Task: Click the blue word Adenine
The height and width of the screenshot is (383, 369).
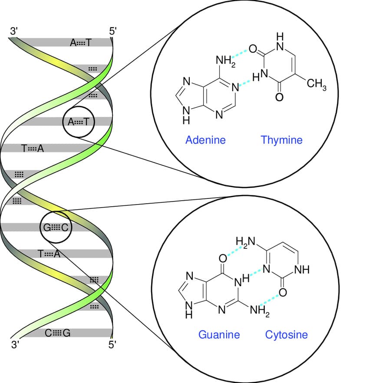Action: click(x=205, y=140)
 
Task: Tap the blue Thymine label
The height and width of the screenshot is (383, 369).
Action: click(x=281, y=140)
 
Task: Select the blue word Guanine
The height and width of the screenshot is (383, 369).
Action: click(x=219, y=334)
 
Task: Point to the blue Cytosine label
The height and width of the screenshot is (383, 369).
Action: click(x=286, y=334)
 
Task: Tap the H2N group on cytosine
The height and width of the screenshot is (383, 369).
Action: click(x=244, y=242)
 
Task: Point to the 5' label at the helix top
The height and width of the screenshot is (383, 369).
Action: click(x=113, y=32)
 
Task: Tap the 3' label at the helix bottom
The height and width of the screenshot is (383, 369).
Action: click(x=16, y=346)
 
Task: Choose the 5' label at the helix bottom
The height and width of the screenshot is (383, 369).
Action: click(x=113, y=346)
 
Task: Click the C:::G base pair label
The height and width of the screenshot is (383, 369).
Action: click(x=57, y=333)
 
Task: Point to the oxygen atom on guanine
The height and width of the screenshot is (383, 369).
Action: click(x=223, y=259)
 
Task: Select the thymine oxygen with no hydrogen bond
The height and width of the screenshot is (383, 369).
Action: click(x=280, y=96)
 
